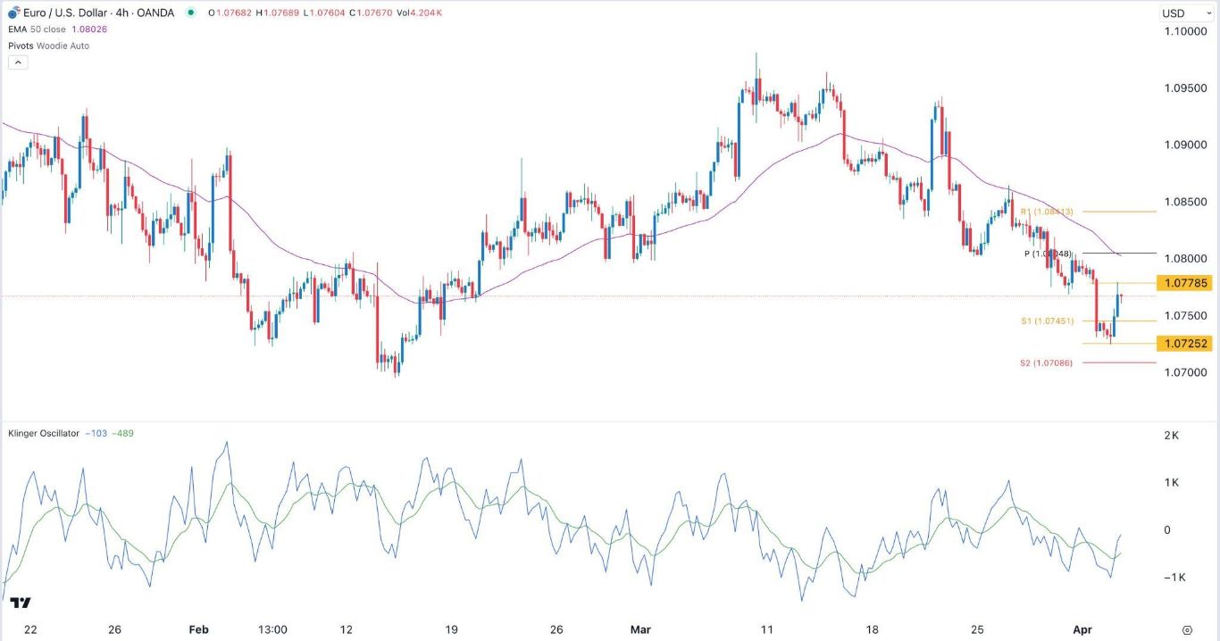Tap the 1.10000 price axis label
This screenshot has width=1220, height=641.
[1184, 32]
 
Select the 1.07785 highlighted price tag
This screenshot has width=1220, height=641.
[1183, 283]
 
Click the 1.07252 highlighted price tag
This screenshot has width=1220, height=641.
[1183, 344]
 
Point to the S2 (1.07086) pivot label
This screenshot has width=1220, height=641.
[1046, 363]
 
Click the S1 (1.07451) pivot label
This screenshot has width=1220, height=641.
[1047, 320]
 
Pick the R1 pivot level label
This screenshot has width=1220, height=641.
[1046, 212]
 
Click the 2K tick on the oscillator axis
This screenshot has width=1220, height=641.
[1170, 436]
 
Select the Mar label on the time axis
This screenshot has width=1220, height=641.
[640, 629]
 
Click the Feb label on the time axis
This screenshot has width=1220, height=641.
[198, 629]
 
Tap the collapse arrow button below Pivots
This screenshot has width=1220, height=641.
[18, 62]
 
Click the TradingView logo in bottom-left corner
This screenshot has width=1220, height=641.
[22, 604]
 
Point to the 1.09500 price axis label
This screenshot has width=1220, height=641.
[1184, 89]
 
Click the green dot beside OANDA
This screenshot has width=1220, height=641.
[190, 13]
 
